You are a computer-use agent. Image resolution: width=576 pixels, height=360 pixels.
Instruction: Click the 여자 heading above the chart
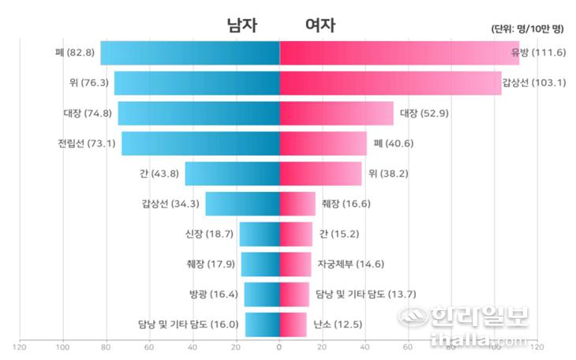tap(320, 24)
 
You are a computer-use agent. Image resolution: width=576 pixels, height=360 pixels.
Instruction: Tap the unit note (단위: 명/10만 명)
tap(526, 28)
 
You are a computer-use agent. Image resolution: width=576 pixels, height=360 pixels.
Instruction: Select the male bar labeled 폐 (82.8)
tap(189, 53)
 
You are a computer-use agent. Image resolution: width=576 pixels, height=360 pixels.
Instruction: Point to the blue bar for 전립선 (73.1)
tap(200, 143)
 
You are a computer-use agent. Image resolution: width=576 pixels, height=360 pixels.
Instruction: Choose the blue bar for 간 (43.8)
tap(232, 173)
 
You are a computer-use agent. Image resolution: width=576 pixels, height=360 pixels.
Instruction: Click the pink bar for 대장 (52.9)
tap(336, 113)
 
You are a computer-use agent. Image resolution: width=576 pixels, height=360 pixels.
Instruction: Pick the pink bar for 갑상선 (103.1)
tap(390, 83)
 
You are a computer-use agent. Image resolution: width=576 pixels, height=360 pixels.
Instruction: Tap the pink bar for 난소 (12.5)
tap(293, 324)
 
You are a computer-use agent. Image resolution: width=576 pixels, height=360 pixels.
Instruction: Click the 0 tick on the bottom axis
tap(279, 347)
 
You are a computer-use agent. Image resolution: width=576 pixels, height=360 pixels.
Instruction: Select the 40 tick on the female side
tap(365, 347)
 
